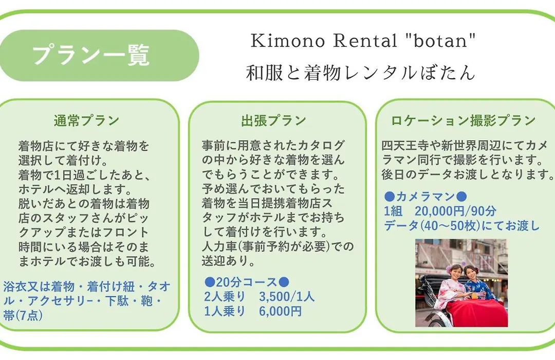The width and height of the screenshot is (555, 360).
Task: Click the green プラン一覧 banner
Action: click(x=99, y=56)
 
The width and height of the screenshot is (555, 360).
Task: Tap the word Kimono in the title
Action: click(x=288, y=41)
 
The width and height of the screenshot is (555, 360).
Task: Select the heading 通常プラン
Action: click(x=87, y=120)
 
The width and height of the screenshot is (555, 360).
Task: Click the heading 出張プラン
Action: click(x=273, y=120)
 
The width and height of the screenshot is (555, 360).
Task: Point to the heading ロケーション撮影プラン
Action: click(x=464, y=120)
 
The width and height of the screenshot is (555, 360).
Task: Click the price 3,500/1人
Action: click(x=287, y=296)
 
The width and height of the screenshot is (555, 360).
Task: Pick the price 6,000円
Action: click(x=281, y=311)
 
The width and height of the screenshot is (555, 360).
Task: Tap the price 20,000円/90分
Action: click(x=455, y=211)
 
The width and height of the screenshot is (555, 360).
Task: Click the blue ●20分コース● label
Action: click(x=247, y=282)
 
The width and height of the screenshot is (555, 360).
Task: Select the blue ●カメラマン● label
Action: click(x=425, y=196)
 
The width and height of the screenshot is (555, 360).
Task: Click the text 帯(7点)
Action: click(x=23, y=315)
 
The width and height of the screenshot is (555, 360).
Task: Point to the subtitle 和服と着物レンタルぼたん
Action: click(x=360, y=73)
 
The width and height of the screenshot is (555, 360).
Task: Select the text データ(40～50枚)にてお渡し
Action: click(x=461, y=225)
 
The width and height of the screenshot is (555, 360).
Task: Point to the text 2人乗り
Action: click(x=225, y=296)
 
